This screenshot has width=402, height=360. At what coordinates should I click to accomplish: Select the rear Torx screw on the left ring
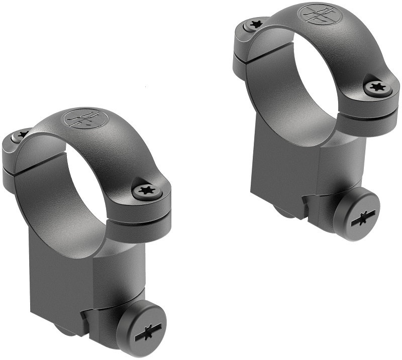click(x=22, y=135)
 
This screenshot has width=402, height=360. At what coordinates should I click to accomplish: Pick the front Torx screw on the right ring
click(x=377, y=87)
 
